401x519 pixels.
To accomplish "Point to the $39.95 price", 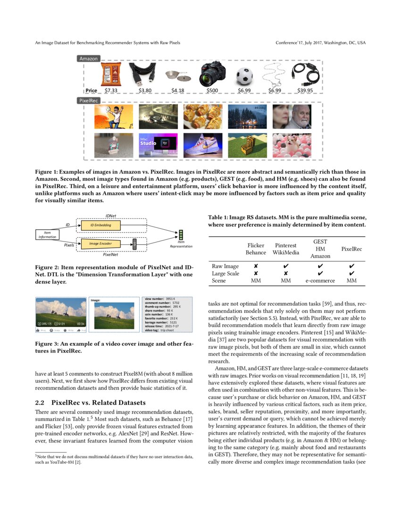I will click(305, 90).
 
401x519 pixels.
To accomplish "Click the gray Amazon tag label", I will click(89, 59).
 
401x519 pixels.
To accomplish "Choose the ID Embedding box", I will click(100, 226).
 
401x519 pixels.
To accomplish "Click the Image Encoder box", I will click(100, 243).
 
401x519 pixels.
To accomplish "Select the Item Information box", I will click(47, 234).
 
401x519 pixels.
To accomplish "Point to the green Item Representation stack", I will click(181, 234).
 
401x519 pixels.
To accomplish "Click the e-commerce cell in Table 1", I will click(320, 280).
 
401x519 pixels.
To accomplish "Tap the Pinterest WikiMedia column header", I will click(285, 249).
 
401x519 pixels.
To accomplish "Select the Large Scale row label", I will click(226, 273).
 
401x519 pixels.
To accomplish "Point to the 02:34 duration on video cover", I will click(80, 324).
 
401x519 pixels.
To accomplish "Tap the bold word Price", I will click(92, 90).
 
